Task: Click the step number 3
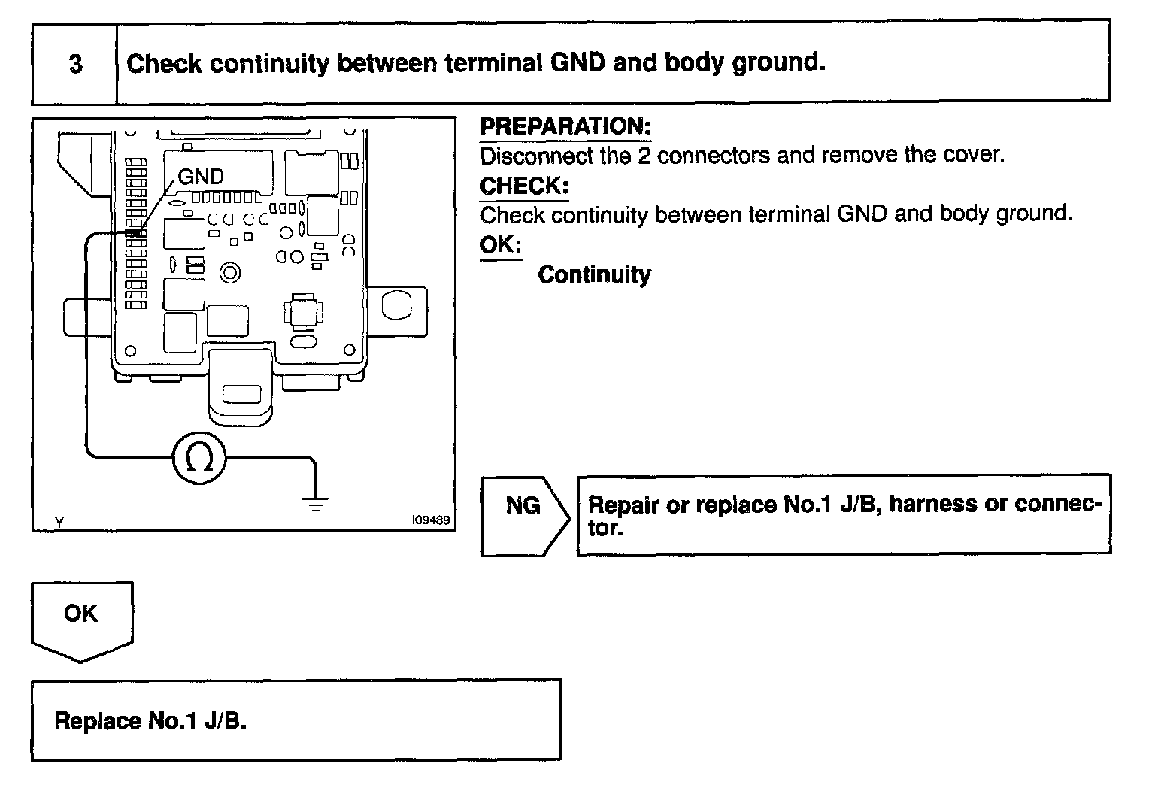click(x=76, y=64)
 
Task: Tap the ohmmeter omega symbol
click(x=199, y=457)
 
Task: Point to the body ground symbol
click(x=316, y=501)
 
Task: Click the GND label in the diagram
click(x=201, y=177)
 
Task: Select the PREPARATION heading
click(x=565, y=126)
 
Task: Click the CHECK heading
click(x=524, y=186)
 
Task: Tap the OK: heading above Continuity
click(x=500, y=245)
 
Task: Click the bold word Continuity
click(x=594, y=274)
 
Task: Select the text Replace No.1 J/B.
click(x=150, y=721)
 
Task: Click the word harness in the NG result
click(x=932, y=504)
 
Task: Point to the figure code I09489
click(x=430, y=520)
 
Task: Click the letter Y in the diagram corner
click(x=59, y=520)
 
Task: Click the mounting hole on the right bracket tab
click(x=396, y=305)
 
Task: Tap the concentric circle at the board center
click(x=230, y=272)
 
